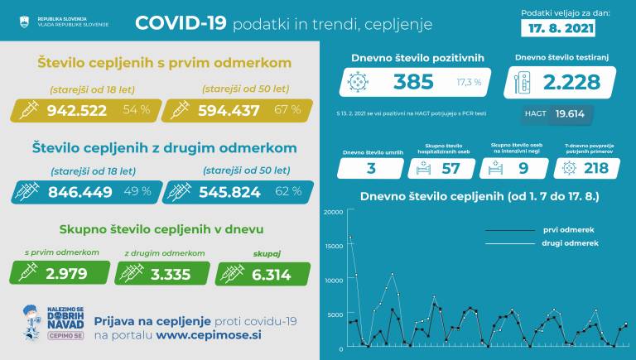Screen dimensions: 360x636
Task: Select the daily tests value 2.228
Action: (571, 82)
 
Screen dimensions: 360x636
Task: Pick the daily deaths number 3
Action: (370, 168)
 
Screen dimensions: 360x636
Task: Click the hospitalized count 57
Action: (450, 168)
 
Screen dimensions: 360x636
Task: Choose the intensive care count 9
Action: (521, 168)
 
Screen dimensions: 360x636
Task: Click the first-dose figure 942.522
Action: (81, 110)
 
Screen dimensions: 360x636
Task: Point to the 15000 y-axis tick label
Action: (334, 246)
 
